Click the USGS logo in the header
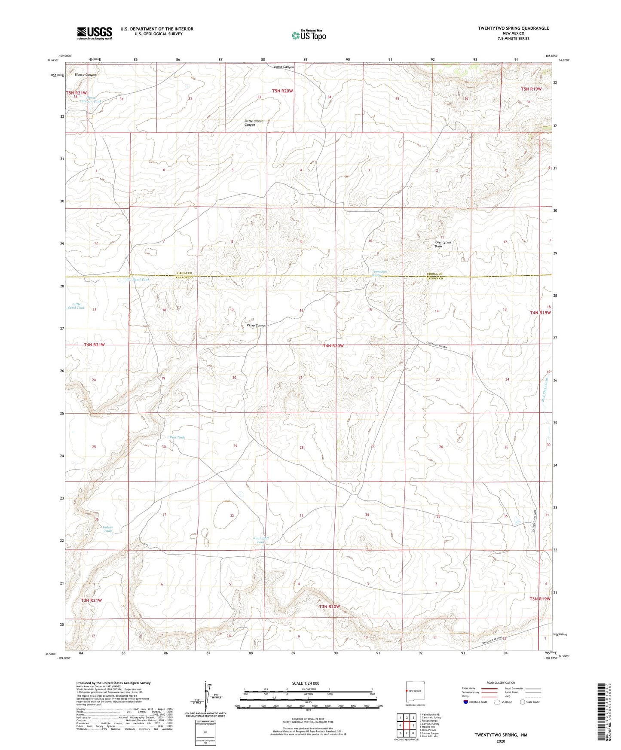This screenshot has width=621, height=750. (95, 33)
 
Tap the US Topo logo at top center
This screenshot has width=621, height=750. (308, 35)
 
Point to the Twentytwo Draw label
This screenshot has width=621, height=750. (443, 244)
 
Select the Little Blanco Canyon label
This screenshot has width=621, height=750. (254, 123)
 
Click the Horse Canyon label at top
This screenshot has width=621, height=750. (284, 67)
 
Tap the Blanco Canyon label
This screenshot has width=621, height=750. (85, 75)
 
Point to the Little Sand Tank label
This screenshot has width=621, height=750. (76, 306)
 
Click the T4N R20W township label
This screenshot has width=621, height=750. (333, 346)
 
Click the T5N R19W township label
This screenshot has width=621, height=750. (531, 89)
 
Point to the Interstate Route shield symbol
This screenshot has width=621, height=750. (466, 702)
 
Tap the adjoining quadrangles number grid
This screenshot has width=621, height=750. (406, 726)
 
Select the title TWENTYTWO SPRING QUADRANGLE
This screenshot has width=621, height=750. (513, 28)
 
